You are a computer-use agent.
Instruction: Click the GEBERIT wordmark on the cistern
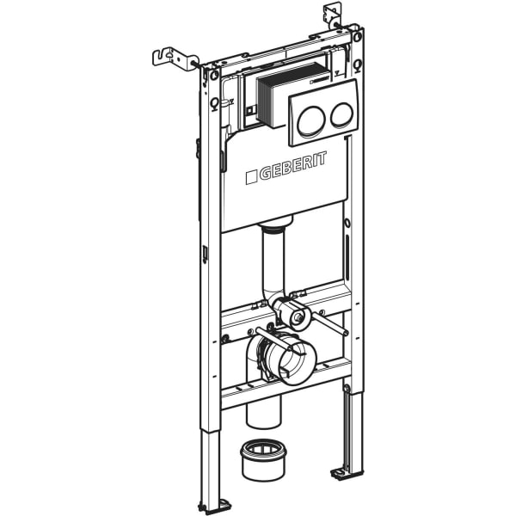292,169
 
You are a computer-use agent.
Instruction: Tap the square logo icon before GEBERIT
251,178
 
